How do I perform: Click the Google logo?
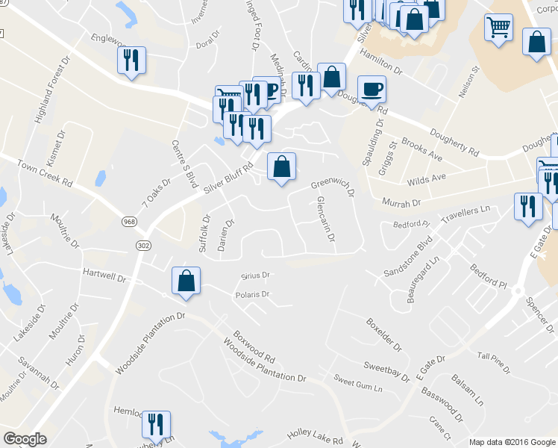(25, 439)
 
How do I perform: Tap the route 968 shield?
(129, 223)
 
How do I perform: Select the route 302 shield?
(143, 244)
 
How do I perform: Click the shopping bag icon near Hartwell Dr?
(186, 281)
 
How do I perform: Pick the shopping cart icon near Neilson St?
(498, 28)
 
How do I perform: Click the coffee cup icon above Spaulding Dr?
(372, 90)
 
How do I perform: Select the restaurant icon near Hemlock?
(156, 424)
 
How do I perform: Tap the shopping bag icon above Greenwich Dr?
(281, 167)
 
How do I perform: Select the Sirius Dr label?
(255, 275)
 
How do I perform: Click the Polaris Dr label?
(251, 294)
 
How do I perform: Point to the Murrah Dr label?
(401, 202)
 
